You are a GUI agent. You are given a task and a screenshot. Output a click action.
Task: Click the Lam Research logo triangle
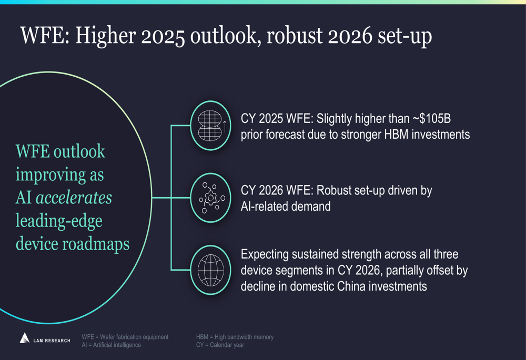coord(24,338)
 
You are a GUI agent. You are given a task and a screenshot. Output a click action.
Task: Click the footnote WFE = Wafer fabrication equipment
coord(125,337)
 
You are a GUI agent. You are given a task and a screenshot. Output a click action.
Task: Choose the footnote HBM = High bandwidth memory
coord(235,337)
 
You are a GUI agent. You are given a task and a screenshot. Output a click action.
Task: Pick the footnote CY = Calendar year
coord(220,345)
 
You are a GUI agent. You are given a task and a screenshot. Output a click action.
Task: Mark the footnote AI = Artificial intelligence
coord(112,345)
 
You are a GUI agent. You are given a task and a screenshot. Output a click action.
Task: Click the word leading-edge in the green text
coord(59,221)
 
